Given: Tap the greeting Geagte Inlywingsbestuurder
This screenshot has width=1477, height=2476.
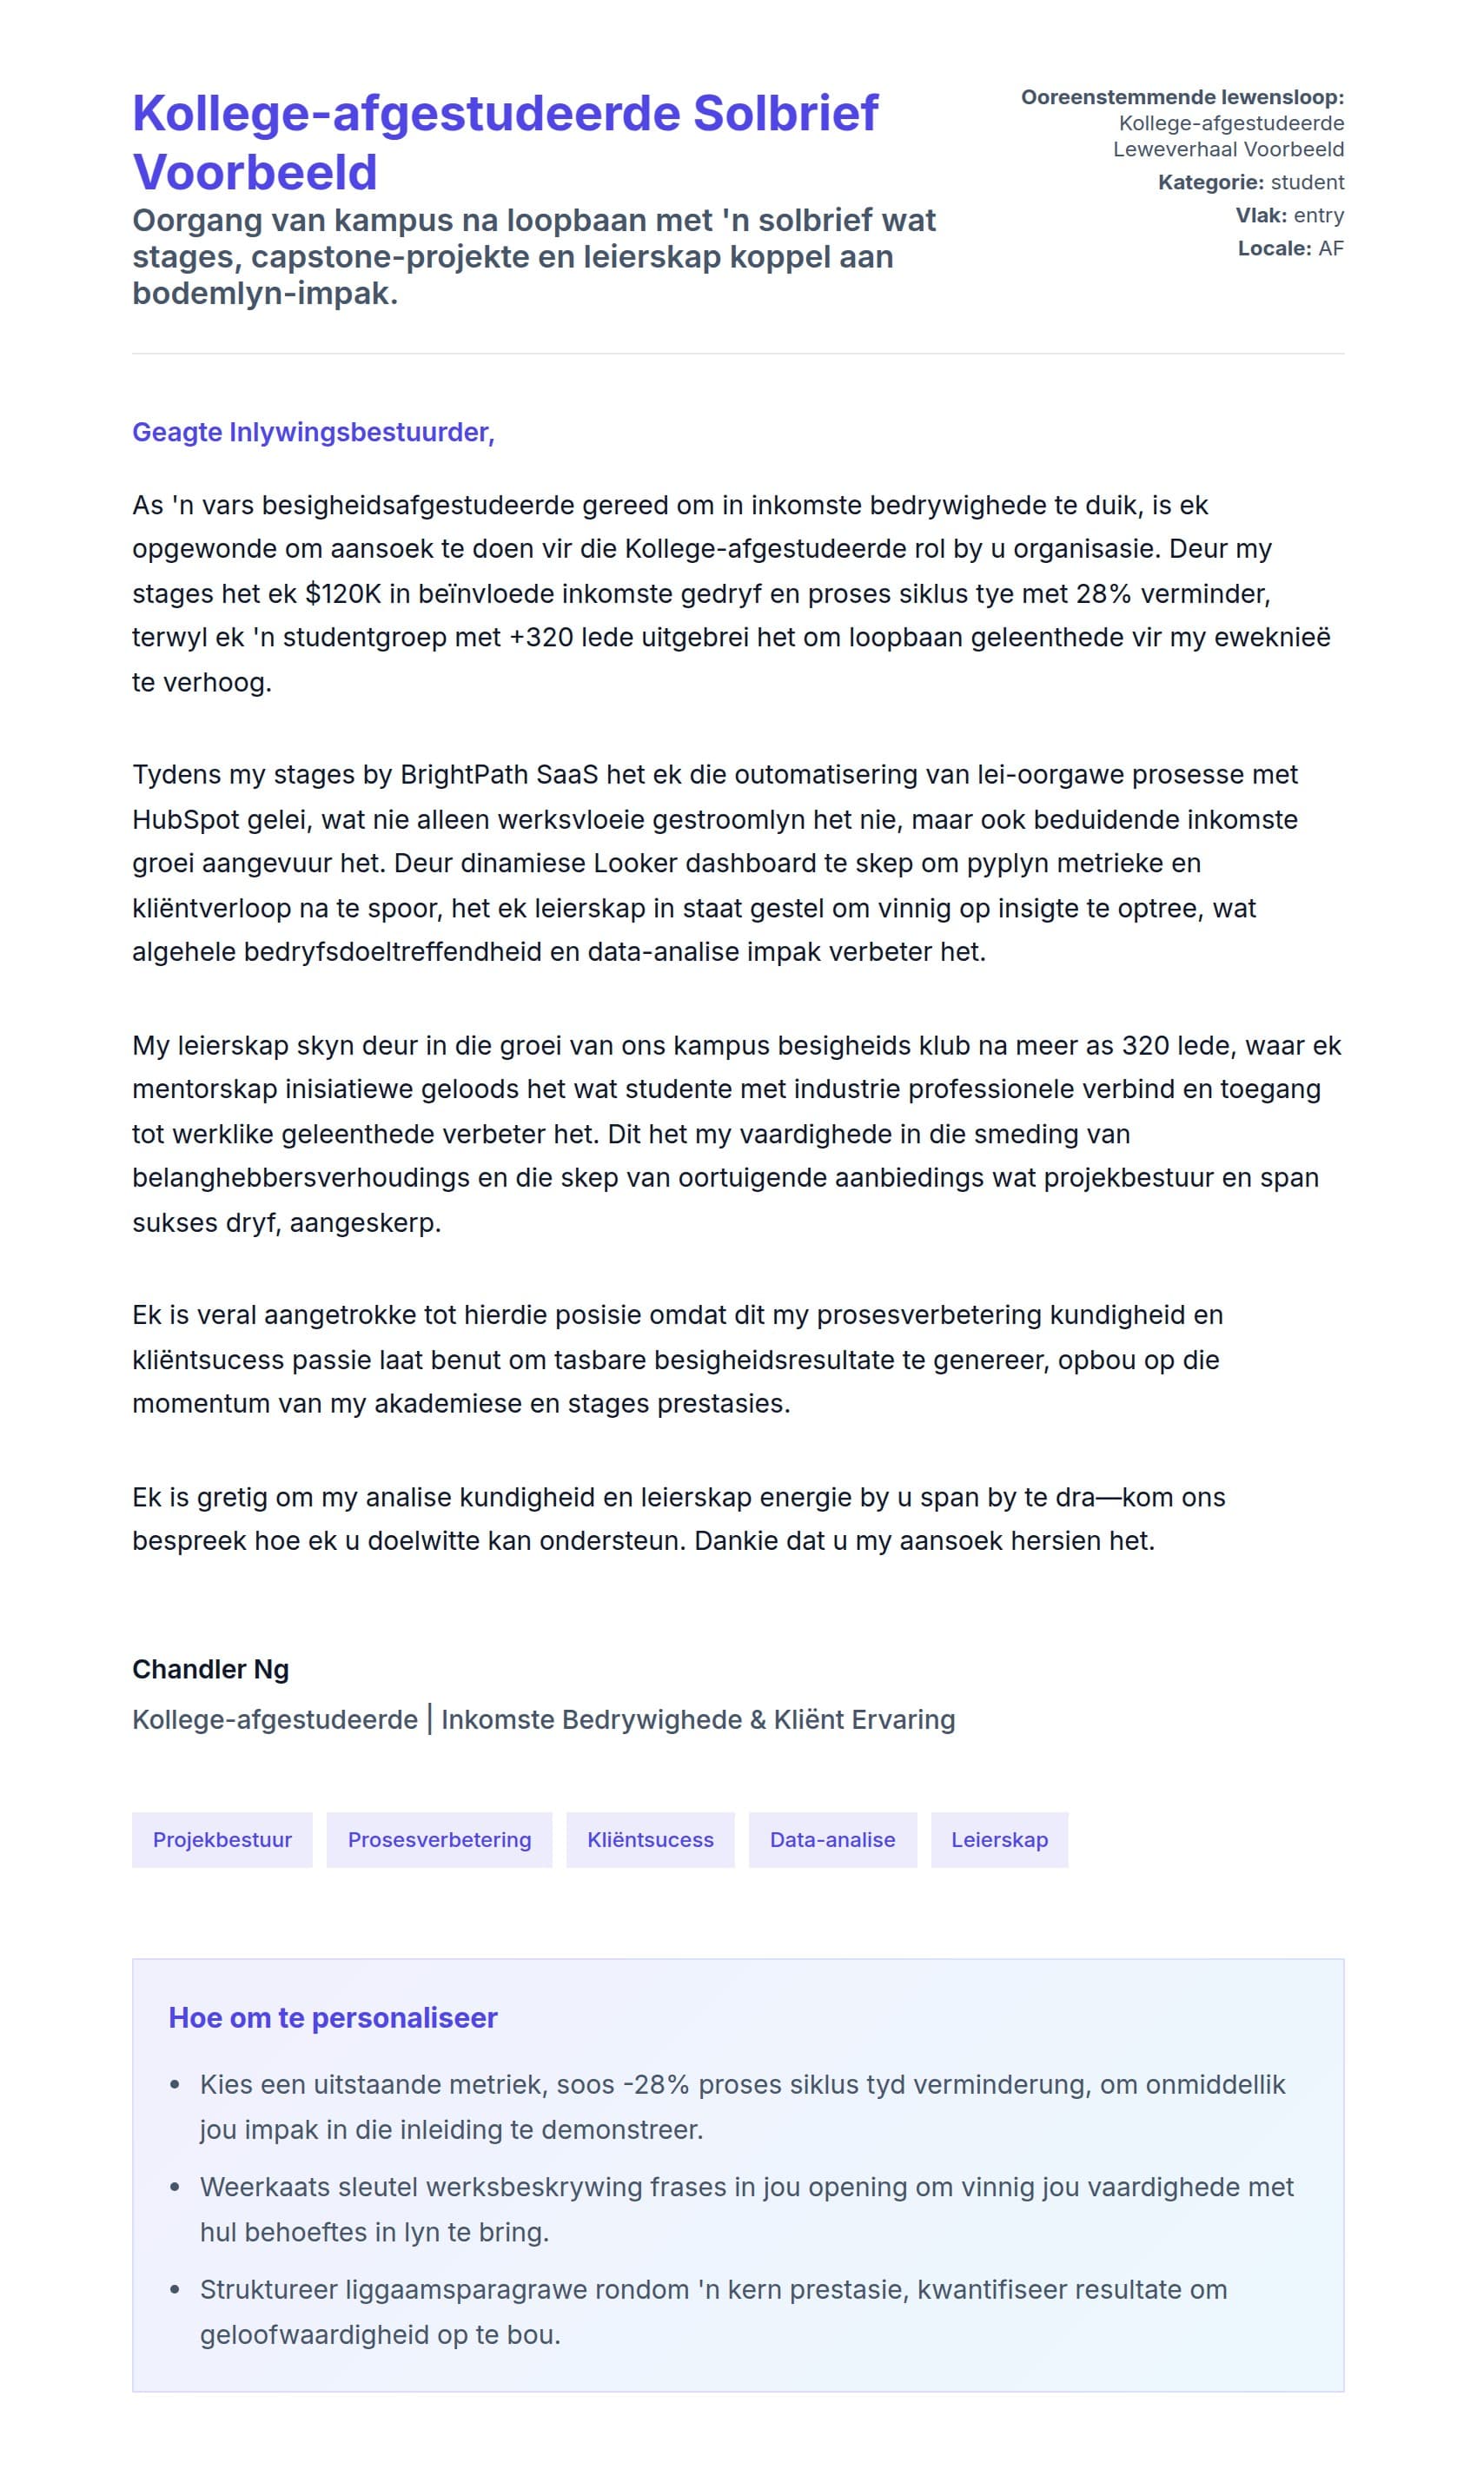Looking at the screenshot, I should [x=313, y=432].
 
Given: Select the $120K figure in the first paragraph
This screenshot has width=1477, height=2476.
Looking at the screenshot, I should [x=342, y=594].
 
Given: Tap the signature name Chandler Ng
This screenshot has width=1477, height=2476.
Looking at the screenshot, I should [x=210, y=1669].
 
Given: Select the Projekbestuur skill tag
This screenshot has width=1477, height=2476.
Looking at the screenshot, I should [x=222, y=1839].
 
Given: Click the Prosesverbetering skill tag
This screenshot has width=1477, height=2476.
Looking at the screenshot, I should [x=439, y=1839].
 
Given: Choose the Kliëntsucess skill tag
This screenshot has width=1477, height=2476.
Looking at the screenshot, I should [x=650, y=1839].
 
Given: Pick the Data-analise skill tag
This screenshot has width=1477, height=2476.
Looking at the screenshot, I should [x=832, y=1839].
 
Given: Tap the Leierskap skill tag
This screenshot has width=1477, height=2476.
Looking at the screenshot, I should [x=999, y=1839].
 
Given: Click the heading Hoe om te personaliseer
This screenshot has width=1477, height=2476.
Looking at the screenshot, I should [x=333, y=2017].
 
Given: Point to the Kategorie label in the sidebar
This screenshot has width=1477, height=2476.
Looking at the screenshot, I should [x=1210, y=182].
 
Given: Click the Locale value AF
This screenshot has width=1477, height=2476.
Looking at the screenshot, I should [x=1331, y=248].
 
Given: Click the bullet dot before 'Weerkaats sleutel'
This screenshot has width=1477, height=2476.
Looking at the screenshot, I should [x=176, y=2188].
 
